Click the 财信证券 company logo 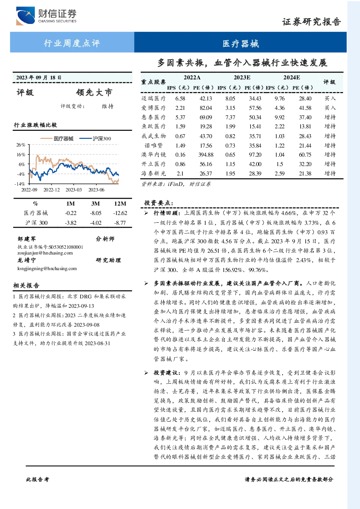coord(46,16)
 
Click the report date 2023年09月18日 coord(39,78)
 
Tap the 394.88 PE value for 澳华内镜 coord(206,155)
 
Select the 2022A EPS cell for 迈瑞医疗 coord(180,99)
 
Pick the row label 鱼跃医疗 coord(153,127)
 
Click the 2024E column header coord(291,78)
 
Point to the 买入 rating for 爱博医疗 coord(330,108)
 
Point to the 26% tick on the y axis coord(21,145)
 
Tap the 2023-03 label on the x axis coord(74,190)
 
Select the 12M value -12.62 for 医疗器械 coord(120,213)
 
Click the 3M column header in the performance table coord(95,204)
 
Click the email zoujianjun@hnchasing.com coord(45,253)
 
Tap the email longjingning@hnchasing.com coord(47,269)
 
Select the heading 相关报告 coord(26,285)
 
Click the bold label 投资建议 coord(165,373)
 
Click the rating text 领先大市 coord(94,92)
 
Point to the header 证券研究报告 coord(311,22)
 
